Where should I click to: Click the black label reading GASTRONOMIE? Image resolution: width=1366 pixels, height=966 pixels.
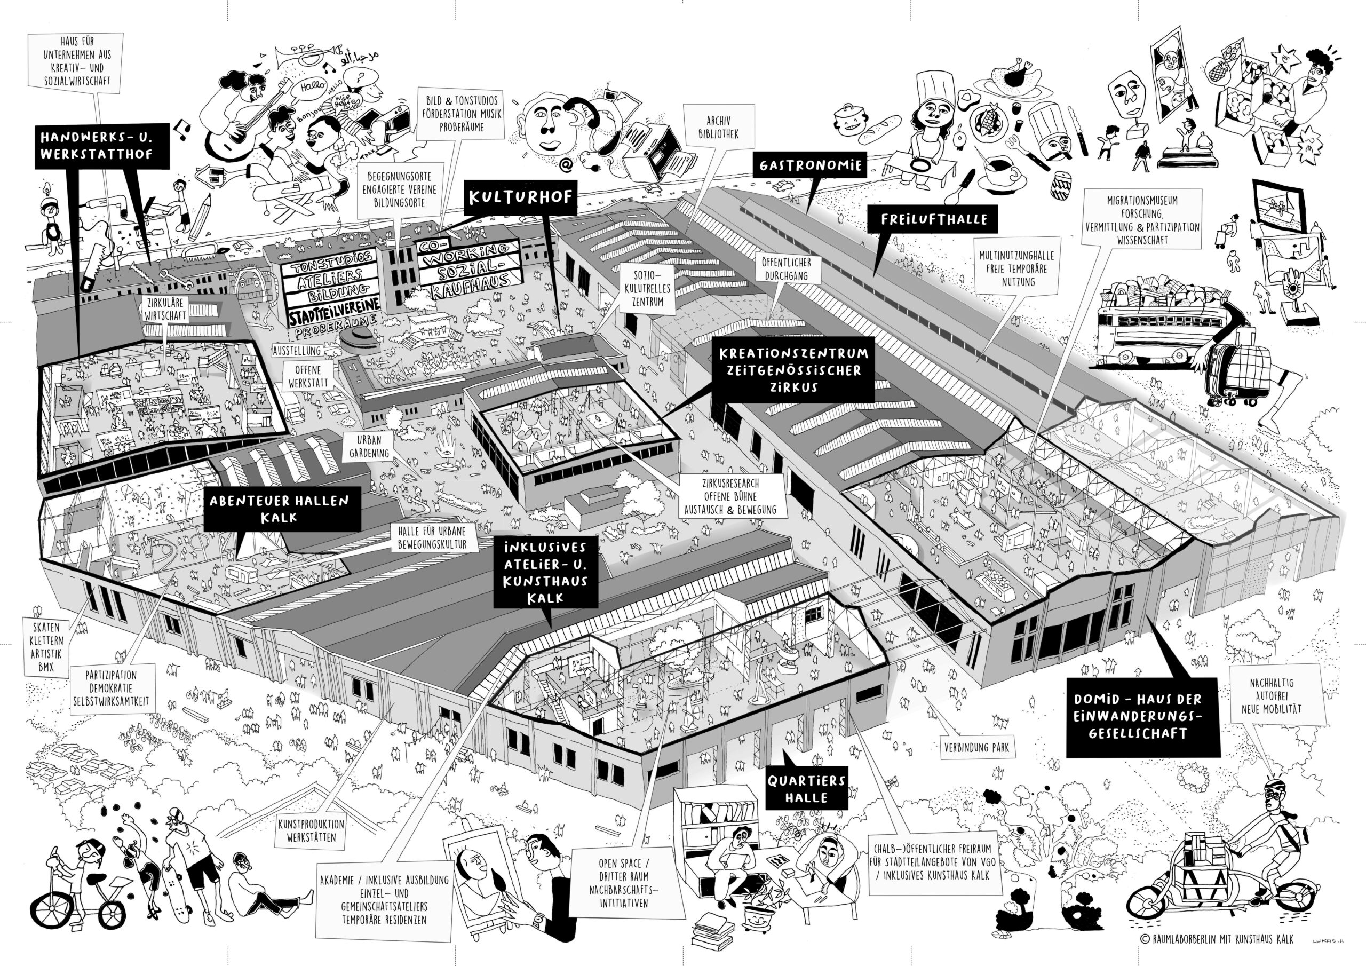809,165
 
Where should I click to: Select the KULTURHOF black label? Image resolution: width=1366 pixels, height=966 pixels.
519,197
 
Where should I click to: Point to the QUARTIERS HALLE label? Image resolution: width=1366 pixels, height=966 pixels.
806,789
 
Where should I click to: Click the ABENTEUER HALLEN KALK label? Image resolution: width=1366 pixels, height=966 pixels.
279,509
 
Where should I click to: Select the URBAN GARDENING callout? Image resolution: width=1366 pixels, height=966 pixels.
369,446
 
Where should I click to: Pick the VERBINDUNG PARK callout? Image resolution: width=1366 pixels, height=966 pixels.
976,748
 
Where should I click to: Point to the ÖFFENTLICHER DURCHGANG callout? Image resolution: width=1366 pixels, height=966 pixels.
786,269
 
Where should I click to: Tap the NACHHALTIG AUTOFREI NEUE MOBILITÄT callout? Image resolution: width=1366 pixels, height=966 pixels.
1271,696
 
